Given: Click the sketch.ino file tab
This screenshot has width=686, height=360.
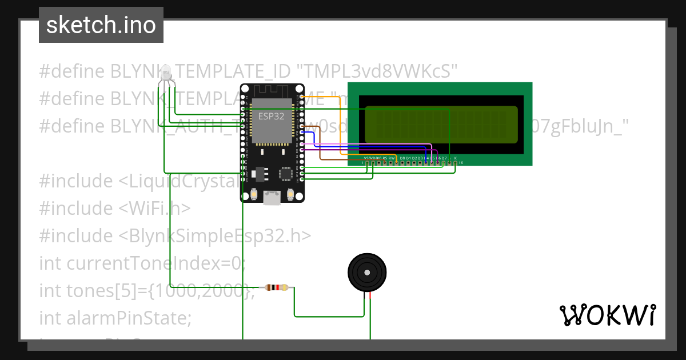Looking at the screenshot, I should click(101, 25).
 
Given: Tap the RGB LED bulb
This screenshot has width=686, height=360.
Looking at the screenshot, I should click(166, 73).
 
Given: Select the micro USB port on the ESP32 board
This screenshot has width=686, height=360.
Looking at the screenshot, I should click(272, 197).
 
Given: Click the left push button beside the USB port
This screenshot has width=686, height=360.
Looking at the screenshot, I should click(253, 195).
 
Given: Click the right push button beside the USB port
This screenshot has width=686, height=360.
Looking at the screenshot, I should click(290, 195).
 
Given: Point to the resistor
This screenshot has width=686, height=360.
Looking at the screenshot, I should click(277, 287).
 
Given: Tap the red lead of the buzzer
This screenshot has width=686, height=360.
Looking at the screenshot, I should click(370, 296).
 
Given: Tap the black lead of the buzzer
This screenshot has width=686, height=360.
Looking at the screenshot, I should click(364, 296).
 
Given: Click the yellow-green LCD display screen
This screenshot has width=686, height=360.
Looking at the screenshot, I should click(441, 125).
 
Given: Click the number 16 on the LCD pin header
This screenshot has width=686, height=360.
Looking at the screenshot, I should click(461, 163).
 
